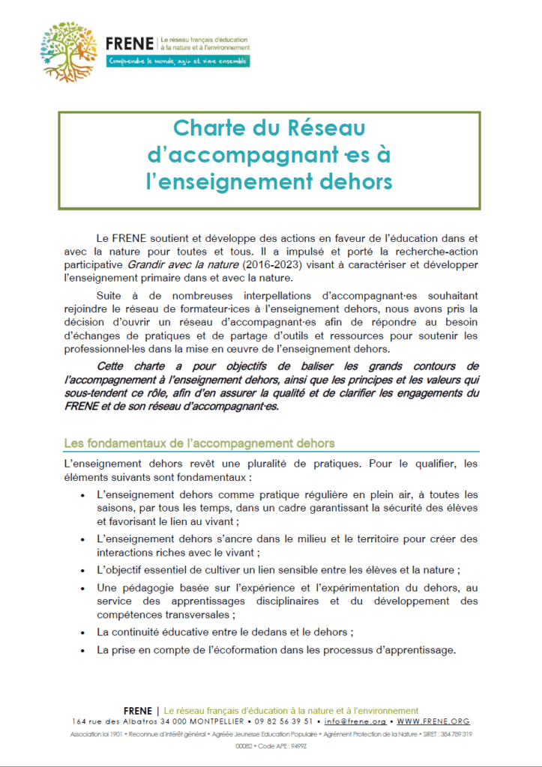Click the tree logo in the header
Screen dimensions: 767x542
69,51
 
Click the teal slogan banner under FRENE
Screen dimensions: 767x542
178,61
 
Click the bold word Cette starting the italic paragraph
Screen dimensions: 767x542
114,366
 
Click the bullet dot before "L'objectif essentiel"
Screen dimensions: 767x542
82,570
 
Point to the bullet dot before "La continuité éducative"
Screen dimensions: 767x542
82,633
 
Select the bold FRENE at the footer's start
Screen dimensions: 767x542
139,710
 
